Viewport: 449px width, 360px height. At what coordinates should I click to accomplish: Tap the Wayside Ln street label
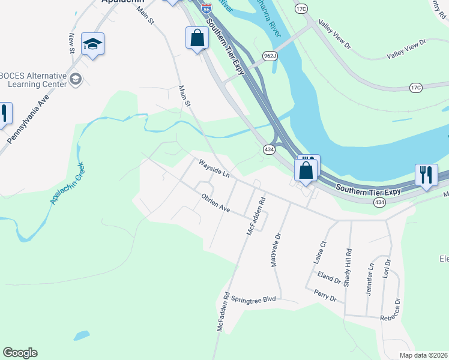[215, 169]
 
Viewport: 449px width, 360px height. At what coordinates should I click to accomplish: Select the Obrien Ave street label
[215, 202]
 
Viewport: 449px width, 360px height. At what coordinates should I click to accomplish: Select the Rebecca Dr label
[397, 310]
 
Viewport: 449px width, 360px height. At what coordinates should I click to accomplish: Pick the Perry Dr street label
[325, 295]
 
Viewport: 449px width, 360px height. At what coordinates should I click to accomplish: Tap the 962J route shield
[270, 56]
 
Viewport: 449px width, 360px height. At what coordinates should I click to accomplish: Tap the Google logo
[19, 353]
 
